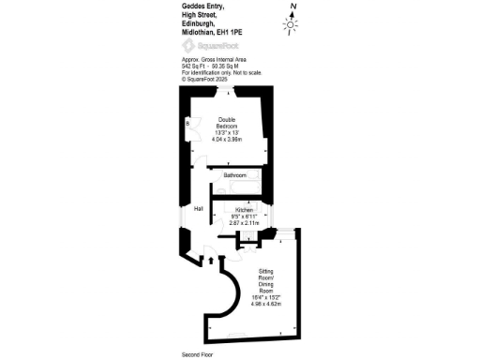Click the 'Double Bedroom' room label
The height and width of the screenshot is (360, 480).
click(227, 123)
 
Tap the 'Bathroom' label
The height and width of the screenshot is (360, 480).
click(234, 175)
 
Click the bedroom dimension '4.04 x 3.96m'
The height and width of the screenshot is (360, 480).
click(227, 139)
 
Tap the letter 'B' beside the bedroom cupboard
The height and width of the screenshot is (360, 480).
click(188, 123)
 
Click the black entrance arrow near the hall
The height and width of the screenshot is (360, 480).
click(210, 260)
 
